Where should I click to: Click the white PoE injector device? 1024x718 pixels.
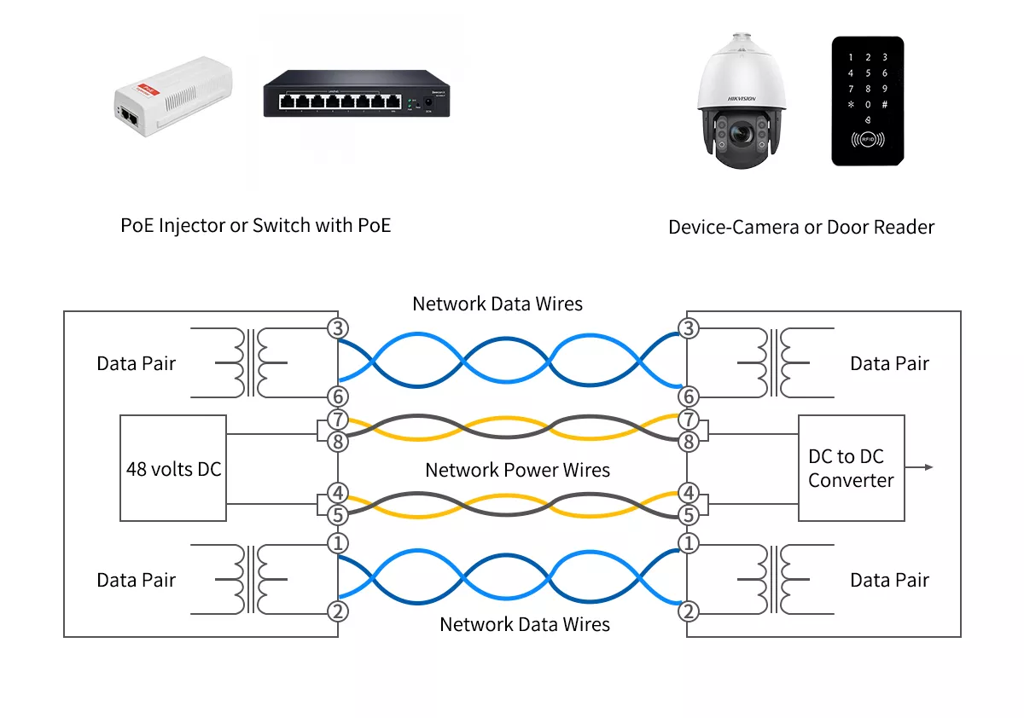click(173, 96)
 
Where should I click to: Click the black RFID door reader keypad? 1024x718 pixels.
click(867, 101)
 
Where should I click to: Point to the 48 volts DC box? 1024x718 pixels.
click(173, 468)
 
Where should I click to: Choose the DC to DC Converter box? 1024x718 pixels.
click(851, 468)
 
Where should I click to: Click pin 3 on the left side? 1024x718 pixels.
click(339, 328)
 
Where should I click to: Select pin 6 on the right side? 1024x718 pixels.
click(688, 396)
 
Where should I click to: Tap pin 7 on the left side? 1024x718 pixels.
click(339, 420)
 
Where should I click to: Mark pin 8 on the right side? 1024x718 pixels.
click(688, 442)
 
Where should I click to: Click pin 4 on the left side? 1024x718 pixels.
click(339, 493)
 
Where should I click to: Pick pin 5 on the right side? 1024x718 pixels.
click(688, 515)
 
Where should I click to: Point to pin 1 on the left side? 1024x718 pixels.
click(339, 543)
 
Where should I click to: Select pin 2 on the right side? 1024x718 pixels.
click(688, 611)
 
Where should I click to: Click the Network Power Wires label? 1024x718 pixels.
click(517, 470)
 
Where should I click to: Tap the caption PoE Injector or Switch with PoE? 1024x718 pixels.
click(256, 226)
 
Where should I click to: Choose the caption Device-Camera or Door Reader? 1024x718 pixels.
click(801, 228)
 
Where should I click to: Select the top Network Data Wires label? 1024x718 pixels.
click(497, 304)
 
